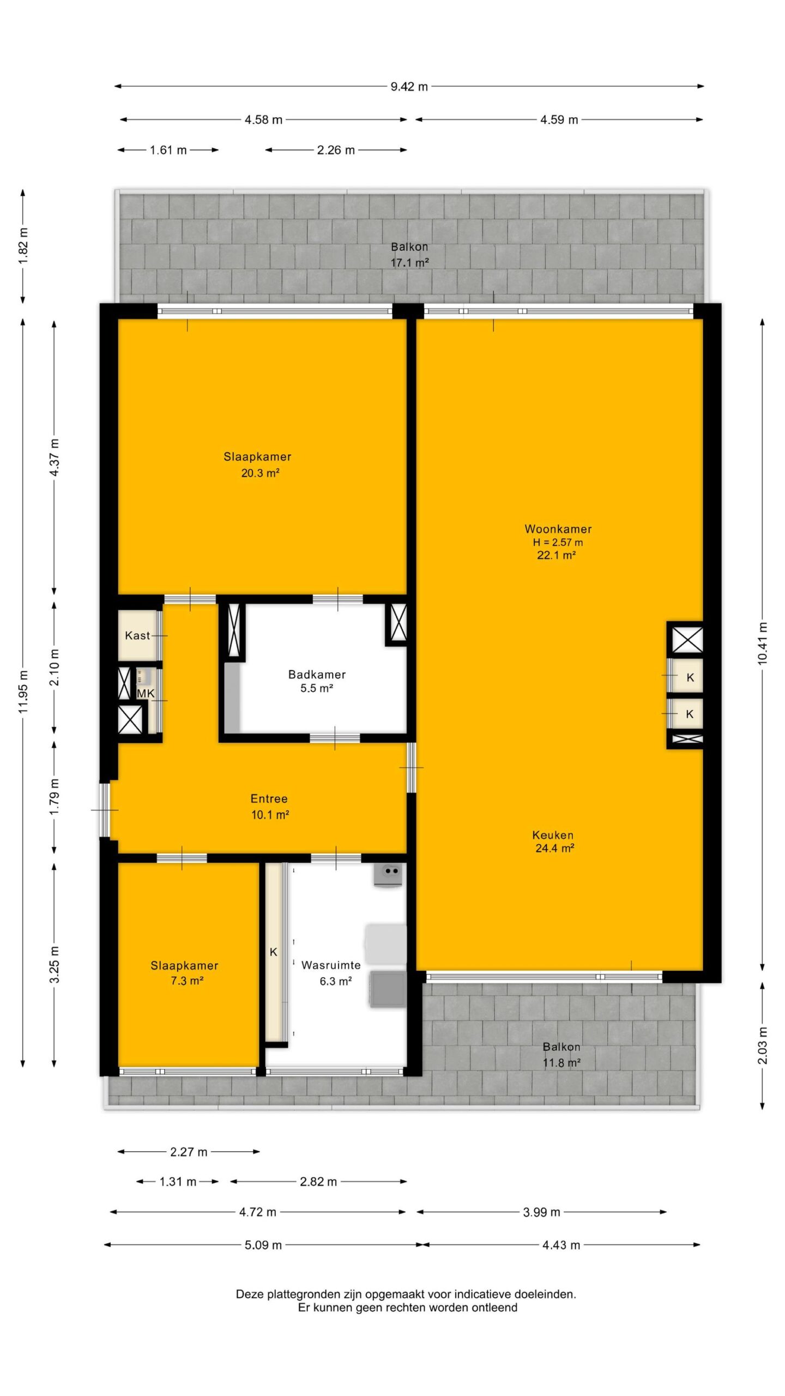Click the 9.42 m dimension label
point(409,86)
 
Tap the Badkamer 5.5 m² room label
point(317,681)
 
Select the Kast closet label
point(137,635)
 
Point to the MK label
point(146,693)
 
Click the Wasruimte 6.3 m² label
point(331,973)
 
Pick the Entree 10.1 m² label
point(269,807)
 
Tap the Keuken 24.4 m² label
point(553,841)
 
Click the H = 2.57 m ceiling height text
point(558,542)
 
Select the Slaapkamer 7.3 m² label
point(185,973)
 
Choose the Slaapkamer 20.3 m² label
point(258,465)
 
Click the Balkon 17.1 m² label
point(409,255)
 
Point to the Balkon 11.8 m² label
point(561,1055)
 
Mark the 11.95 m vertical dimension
point(23,691)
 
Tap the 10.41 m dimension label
point(762,643)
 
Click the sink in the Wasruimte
point(388,876)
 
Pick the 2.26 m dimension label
point(336,150)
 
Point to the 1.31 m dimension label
point(178,1182)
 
